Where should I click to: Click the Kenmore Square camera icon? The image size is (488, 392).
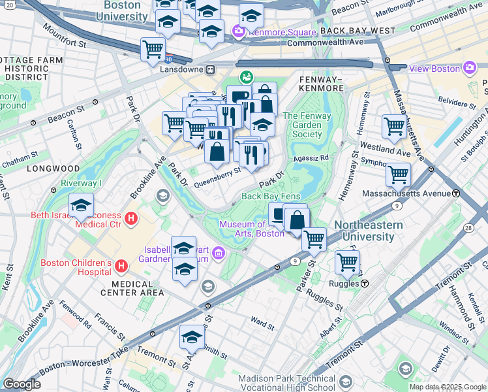(239, 31)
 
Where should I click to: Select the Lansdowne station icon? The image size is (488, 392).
(211, 69)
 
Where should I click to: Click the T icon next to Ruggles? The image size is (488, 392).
(365, 284)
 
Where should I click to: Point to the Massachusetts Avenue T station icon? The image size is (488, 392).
(456, 193)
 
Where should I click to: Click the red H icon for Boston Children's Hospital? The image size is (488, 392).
(121, 266)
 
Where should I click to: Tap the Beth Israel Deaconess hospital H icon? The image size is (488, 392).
(131, 218)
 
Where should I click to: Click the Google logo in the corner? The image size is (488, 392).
(22, 384)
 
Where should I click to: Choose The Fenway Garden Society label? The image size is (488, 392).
(307, 125)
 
